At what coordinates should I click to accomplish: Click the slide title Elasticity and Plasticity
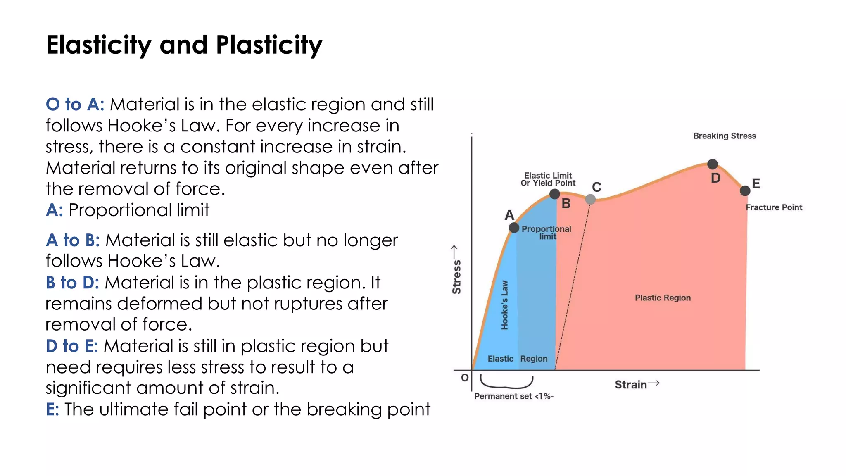(x=184, y=45)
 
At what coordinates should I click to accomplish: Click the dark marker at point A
(x=514, y=228)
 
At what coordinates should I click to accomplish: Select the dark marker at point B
(x=555, y=194)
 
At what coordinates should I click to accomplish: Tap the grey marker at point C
(x=591, y=199)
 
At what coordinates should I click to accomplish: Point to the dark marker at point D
(x=713, y=164)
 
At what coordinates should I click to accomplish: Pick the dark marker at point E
(x=745, y=191)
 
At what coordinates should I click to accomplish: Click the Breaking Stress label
(x=725, y=136)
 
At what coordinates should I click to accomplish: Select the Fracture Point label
(x=774, y=207)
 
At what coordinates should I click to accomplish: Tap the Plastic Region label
(x=663, y=298)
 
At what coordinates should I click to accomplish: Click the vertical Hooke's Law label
(x=504, y=305)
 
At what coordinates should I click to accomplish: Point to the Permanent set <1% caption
(x=513, y=396)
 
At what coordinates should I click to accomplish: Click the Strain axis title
(x=631, y=385)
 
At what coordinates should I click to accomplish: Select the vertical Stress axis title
(x=456, y=276)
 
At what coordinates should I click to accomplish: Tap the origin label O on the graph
(x=465, y=377)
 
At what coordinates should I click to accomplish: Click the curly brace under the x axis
(x=506, y=382)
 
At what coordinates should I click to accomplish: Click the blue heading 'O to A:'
(x=75, y=105)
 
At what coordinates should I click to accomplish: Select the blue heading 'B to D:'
(x=72, y=283)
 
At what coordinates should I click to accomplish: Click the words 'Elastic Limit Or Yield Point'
(x=548, y=179)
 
